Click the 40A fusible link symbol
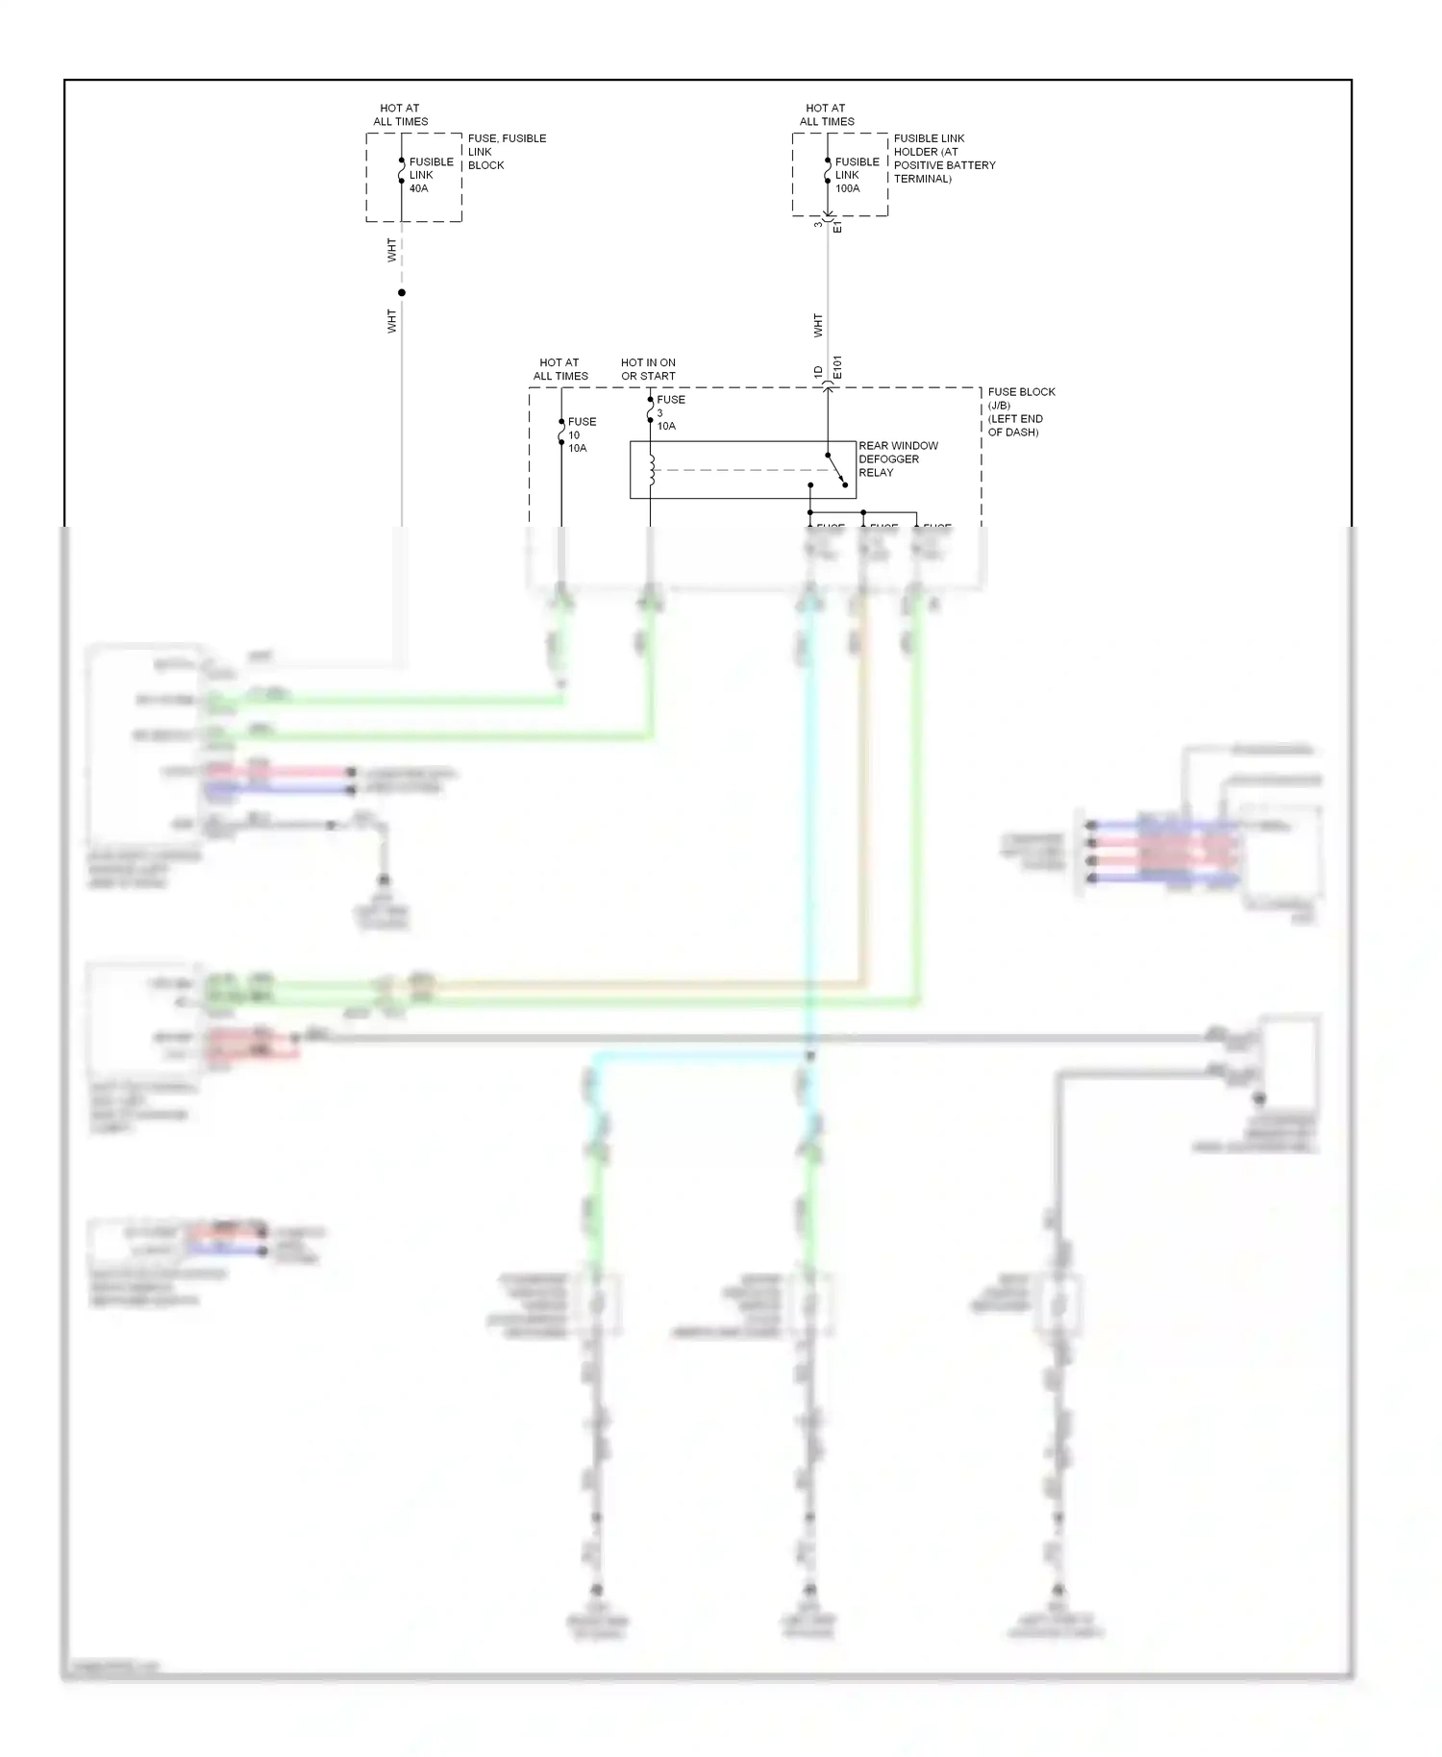[x=402, y=174]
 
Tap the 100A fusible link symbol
[x=828, y=174]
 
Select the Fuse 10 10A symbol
[x=561, y=434]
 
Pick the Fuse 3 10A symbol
[x=651, y=412]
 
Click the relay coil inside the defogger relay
[x=652, y=470]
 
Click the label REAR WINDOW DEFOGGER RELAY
[x=897, y=458]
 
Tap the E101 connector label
[x=837, y=366]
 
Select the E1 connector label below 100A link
[x=837, y=227]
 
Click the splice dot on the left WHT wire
[x=402, y=292]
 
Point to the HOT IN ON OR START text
[x=648, y=369]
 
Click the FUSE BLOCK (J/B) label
[x=1020, y=411]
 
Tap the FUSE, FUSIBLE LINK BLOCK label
[x=506, y=151]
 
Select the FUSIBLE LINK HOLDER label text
[x=943, y=158]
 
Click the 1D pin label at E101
[x=818, y=372]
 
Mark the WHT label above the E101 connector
[x=818, y=325]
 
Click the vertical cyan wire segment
[x=810, y=817]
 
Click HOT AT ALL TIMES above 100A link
[x=827, y=114]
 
